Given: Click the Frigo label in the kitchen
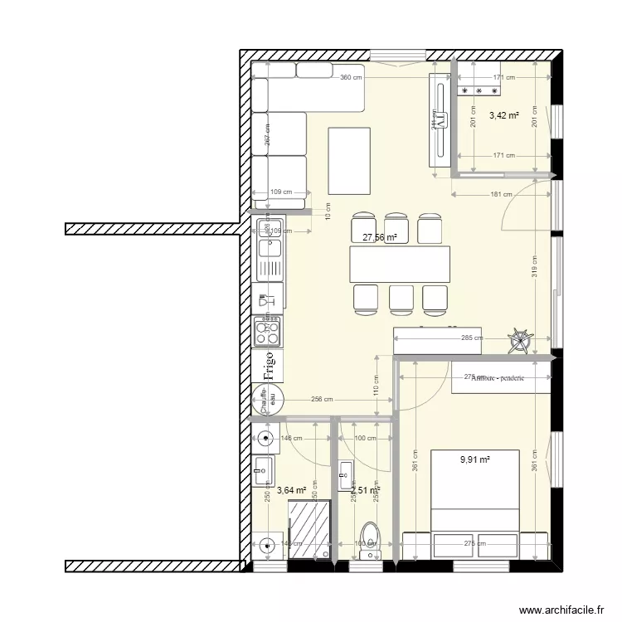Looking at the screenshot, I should click(x=268, y=366).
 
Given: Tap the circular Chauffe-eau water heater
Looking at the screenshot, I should click(x=268, y=402).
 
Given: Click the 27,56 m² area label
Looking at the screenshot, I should click(x=380, y=237).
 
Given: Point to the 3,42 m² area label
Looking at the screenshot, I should click(x=503, y=115).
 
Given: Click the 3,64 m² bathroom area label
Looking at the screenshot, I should click(x=292, y=491).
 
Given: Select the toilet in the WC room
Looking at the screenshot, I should click(x=370, y=534).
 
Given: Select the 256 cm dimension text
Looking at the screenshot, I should click(x=323, y=399).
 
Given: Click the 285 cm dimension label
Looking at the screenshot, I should click(x=471, y=338).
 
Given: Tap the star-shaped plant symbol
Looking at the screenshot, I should click(x=521, y=340).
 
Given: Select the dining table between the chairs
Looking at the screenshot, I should click(x=400, y=265).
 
